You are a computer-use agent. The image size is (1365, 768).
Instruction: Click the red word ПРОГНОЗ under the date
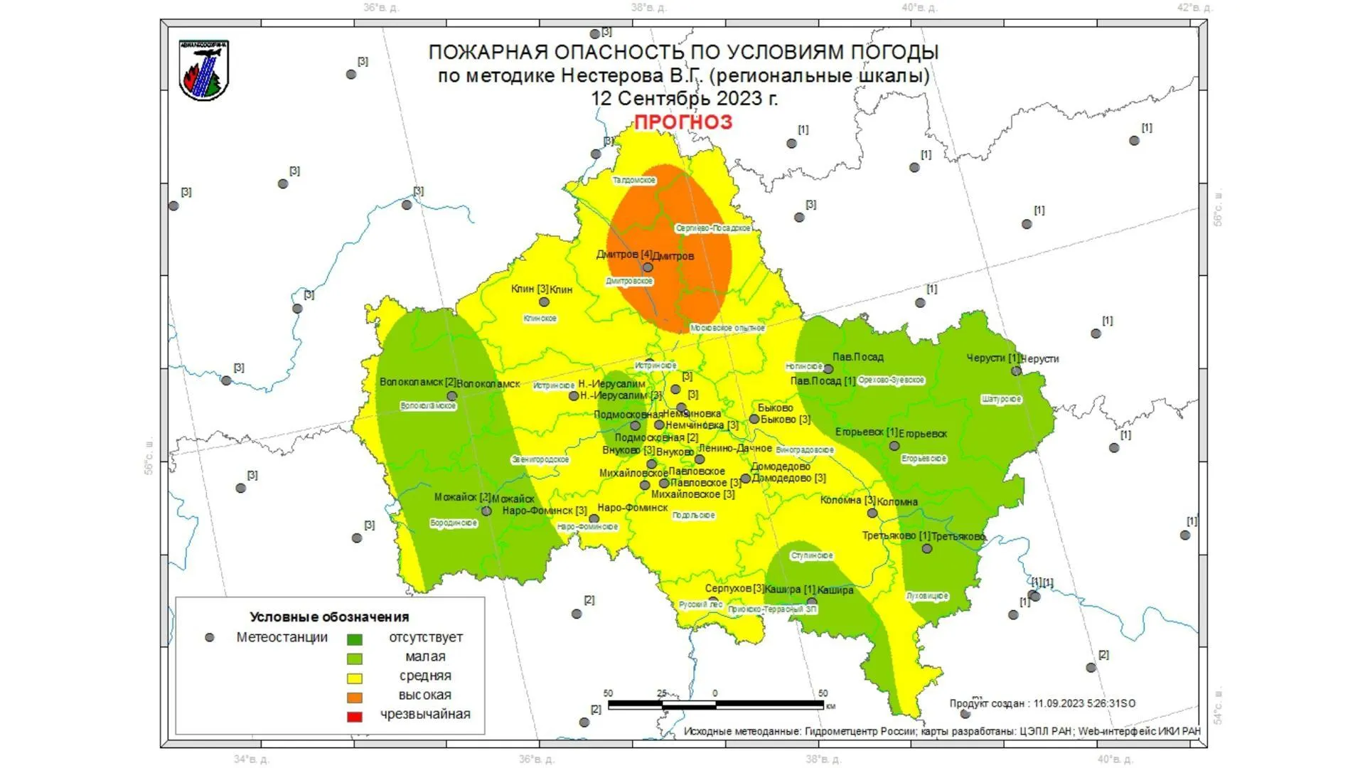(682, 122)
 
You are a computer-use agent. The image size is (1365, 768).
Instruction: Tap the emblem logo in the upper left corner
(204, 70)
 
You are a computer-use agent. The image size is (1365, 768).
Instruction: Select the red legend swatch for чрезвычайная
(354, 716)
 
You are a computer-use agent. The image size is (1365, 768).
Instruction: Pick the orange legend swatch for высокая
(354, 697)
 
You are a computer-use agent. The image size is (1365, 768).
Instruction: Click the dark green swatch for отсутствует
(354, 639)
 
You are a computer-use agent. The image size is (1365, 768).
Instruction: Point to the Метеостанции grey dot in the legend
(209, 638)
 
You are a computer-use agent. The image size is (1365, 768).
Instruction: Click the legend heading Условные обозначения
(329, 617)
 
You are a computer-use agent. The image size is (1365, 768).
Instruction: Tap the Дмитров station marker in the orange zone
(648, 268)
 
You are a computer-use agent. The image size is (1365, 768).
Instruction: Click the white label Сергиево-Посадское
(713, 228)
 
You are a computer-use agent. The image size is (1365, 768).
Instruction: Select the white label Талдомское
(634, 181)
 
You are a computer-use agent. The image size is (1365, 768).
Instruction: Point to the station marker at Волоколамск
(452, 396)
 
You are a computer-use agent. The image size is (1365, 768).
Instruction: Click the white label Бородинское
(454, 523)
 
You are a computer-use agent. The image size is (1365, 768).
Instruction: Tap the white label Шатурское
(1001, 400)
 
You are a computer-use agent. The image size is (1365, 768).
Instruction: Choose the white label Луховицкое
(927, 596)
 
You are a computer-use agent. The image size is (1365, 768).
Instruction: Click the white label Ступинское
(812, 555)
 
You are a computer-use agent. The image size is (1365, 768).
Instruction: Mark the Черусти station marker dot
(1016, 370)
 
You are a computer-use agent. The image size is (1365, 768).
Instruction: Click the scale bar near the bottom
(715, 705)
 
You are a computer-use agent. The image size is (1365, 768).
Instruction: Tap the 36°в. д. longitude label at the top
(381, 8)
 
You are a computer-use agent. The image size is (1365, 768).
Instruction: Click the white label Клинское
(540, 319)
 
